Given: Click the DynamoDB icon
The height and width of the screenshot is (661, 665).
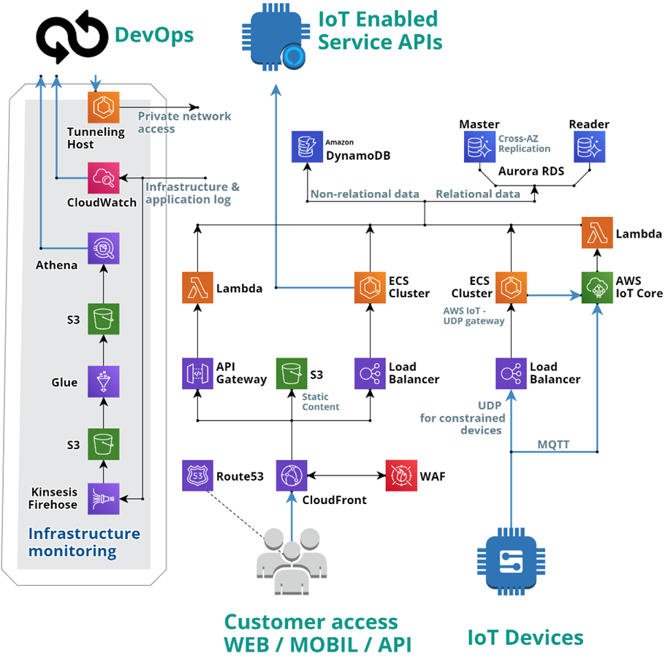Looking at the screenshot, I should pos(307,147).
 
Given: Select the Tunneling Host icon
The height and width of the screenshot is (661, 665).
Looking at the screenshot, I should pos(103,107).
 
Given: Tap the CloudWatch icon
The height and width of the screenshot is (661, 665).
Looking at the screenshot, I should pos(103,177).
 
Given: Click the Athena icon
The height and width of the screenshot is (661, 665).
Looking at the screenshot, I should pos(103,248).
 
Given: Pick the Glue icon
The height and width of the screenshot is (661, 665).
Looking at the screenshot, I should pos(103,381).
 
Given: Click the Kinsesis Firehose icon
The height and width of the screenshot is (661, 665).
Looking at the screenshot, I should pos(103,499).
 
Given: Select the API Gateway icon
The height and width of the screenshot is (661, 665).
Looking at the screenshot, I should pos(197,372).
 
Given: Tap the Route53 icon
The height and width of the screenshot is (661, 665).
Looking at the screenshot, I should pos(197,475).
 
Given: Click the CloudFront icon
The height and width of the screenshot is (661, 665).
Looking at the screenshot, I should pos(292,475).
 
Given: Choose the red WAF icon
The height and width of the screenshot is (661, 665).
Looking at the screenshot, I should pos(400,475).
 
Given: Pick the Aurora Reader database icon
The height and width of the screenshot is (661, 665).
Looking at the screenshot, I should pos(590,147).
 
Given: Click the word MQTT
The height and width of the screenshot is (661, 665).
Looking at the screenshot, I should pos(555,443).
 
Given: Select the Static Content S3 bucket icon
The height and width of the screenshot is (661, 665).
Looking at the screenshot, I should pos(292,372).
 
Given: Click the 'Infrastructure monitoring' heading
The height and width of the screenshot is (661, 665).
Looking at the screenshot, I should pos(83,542).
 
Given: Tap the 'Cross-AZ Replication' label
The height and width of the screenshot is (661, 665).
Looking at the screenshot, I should pos(525,143).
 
